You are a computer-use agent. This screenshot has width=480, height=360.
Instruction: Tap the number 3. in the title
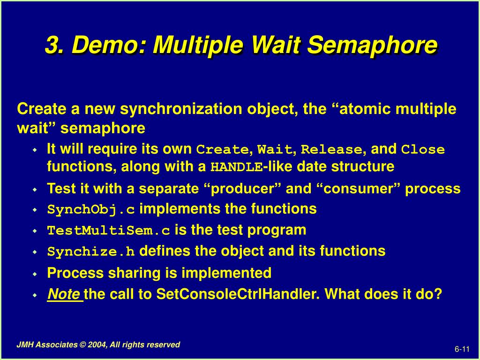coord(55,45)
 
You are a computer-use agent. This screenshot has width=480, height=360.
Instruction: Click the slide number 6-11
coord(462,349)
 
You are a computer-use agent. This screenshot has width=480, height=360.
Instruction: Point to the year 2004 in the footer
coord(97,345)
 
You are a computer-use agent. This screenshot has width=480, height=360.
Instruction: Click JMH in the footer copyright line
coord(24,345)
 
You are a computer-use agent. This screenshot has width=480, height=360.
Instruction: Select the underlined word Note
coord(64,294)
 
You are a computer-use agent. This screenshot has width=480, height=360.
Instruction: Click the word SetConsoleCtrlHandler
coord(238,294)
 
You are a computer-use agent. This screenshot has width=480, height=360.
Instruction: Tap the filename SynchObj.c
coord(91,210)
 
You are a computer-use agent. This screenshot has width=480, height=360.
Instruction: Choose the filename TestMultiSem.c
coord(109,231)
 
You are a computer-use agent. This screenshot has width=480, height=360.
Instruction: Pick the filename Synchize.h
coord(91,252)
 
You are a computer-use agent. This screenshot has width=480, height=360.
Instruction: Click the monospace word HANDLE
coord(237,167)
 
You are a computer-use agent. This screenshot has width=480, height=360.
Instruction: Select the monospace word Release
coord(331,150)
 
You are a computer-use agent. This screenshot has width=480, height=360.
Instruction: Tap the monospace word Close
coord(423,150)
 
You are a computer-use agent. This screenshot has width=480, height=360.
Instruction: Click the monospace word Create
coord(223,150)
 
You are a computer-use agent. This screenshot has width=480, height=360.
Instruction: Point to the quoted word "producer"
coord(242,188)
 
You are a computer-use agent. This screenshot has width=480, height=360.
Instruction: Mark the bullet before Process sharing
coord(35,273)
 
